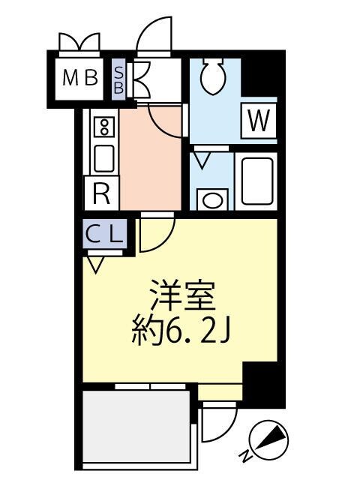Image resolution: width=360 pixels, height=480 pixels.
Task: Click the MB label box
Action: coord(80,77)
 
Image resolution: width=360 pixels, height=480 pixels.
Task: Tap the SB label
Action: coord(118,77)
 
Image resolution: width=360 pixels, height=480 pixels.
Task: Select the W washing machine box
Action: coord(257,121)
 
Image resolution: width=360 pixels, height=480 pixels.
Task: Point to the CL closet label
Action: coord(104,234)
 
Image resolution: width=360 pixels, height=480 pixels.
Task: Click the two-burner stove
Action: coord(103,127)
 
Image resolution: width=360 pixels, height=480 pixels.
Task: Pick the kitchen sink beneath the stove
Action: coord(103,158)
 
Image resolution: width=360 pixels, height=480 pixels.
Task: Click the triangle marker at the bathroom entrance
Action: coord(202,159)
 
